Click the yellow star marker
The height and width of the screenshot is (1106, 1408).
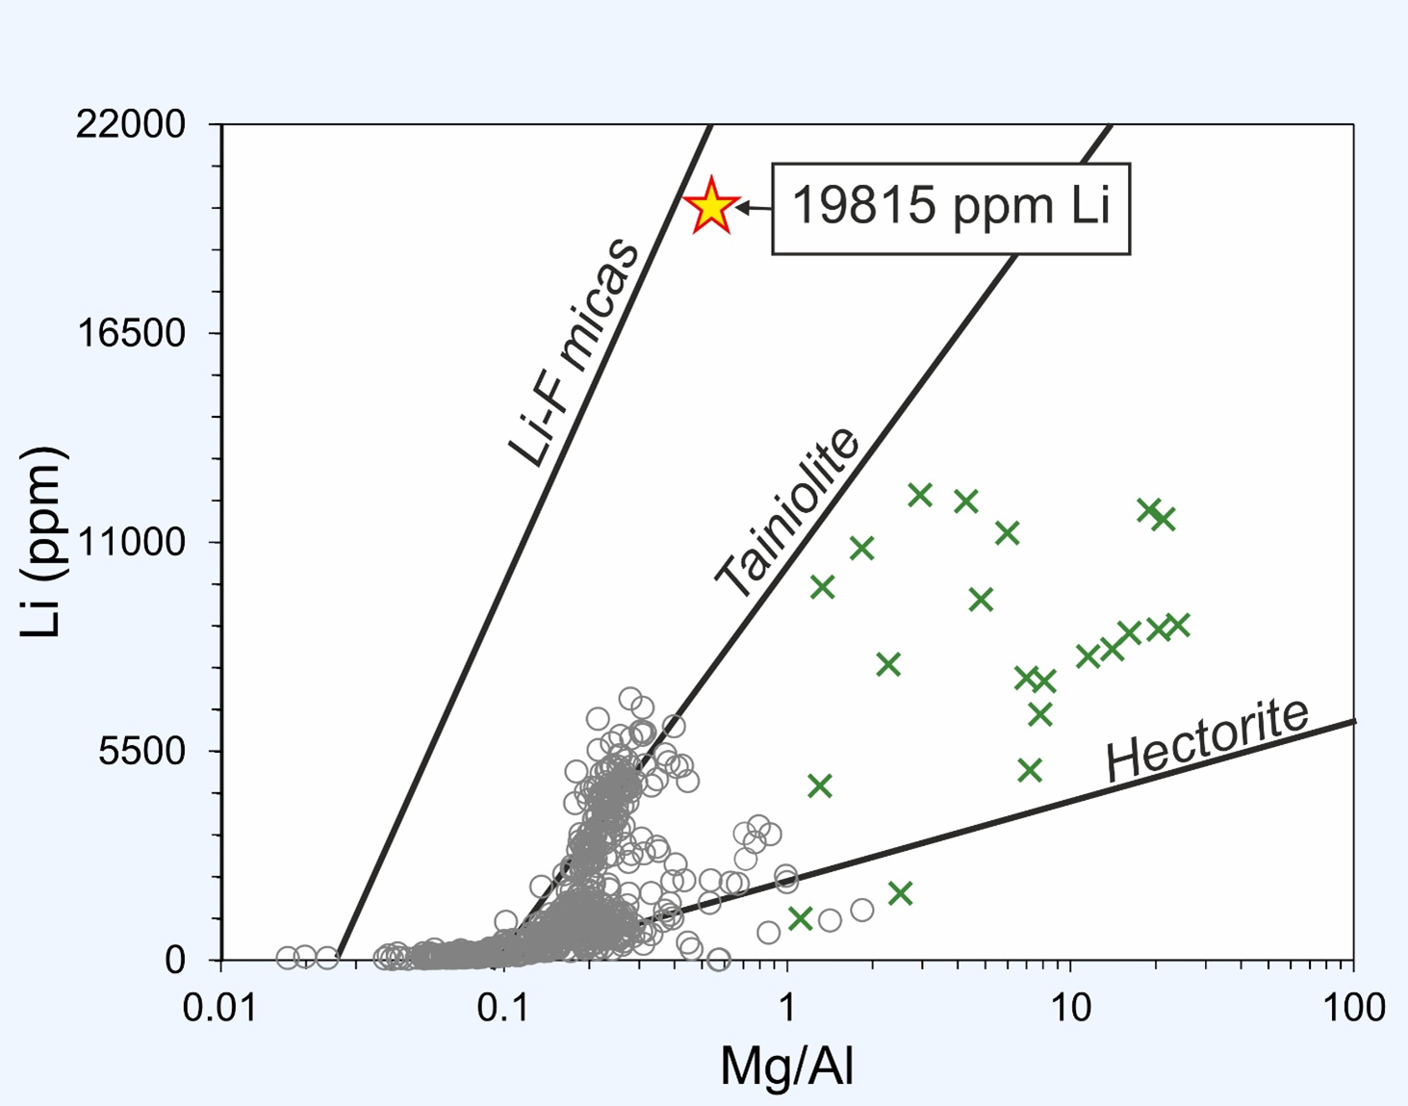click(711, 205)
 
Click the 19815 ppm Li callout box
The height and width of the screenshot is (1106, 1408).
click(950, 208)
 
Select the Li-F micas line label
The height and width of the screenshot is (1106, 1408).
click(574, 353)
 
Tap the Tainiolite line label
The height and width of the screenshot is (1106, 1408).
click(787, 512)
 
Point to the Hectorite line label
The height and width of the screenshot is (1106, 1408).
click(1207, 739)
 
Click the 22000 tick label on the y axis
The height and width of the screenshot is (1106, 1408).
click(131, 125)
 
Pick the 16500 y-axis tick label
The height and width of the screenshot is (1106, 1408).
click(131, 334)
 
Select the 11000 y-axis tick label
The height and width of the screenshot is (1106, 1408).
click(131, 543)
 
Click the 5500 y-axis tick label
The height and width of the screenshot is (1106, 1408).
click(142, 752)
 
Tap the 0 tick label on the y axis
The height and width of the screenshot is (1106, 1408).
click(175, 961)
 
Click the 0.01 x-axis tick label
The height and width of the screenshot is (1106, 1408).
click(222, 1008)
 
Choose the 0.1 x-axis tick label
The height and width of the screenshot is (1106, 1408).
click(505, 1008)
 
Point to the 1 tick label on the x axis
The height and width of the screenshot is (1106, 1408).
click(787, 1008)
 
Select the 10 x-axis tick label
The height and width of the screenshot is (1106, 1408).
click(1070, 1008)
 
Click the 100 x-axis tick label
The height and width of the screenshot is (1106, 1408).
click(1353, 1008)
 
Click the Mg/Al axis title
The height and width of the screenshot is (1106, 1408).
click(787, 1066)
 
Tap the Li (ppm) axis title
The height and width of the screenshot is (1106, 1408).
click(42, 542)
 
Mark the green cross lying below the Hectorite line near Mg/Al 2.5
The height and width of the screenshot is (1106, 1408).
click(900, 893)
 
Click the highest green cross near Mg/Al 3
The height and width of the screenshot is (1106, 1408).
click(920, 495)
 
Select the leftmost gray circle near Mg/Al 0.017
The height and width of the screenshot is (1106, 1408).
click(287, 957)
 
